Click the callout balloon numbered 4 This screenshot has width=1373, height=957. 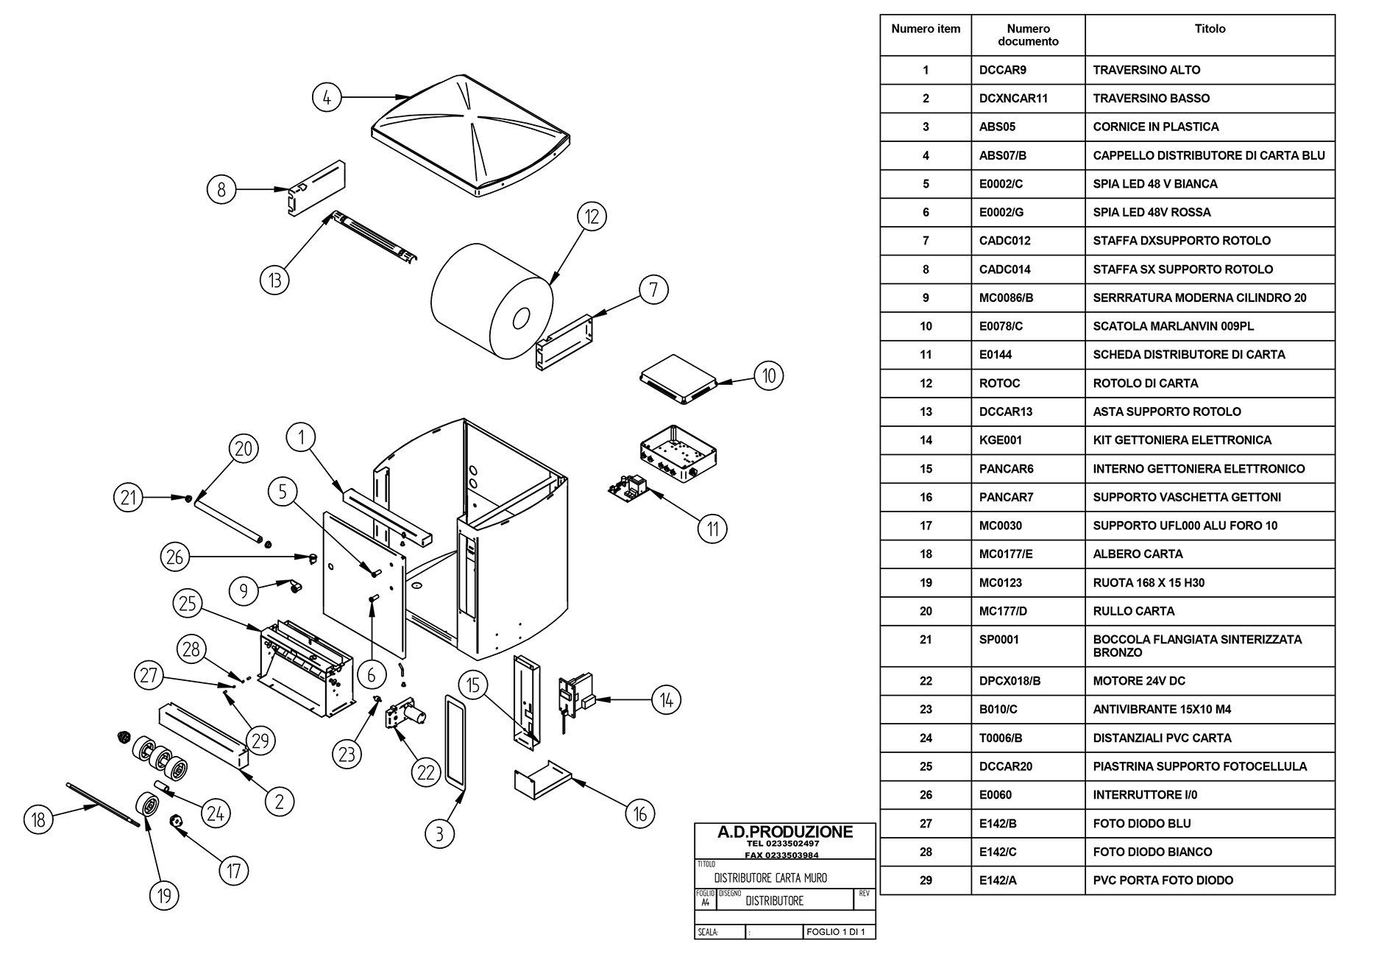click(327, 97)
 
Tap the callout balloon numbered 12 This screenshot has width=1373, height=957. click(592, 216)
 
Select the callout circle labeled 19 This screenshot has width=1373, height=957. click(164, 895)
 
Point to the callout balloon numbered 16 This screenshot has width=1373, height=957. click(640, 814)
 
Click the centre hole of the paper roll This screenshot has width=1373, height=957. click(521, 318)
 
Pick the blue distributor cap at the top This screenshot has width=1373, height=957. click(471, 135)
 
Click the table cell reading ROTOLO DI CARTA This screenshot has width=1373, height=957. click(1145, 383)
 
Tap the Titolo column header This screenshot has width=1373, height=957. click(1210, 29)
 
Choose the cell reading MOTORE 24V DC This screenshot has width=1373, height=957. click(1139, 681)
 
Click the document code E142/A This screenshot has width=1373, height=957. click(998, 880)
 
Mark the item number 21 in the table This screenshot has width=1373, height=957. click(926, 640)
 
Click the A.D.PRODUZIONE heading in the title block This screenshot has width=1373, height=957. click(785, 832)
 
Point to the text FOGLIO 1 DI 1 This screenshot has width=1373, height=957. click(837, 932)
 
